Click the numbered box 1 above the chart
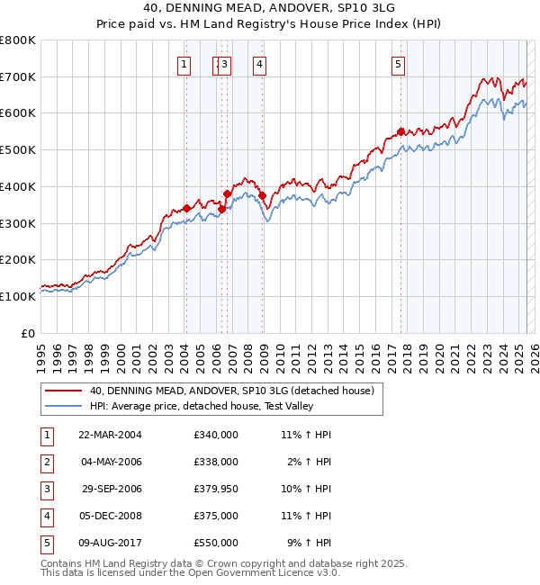[x=184, y=64]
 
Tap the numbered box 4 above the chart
[x=259, y=64]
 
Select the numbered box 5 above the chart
[x=398, y=64]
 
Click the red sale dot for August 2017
[x=400, y=131]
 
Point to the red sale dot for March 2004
[x=186, y=208]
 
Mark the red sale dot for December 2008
[x=262, y=195]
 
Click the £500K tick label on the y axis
[x=18, y=150]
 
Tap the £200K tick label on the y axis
[x=18, y=260]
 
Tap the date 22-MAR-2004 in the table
[x=111, y=435]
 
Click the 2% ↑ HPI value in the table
[x=310, y=462]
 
